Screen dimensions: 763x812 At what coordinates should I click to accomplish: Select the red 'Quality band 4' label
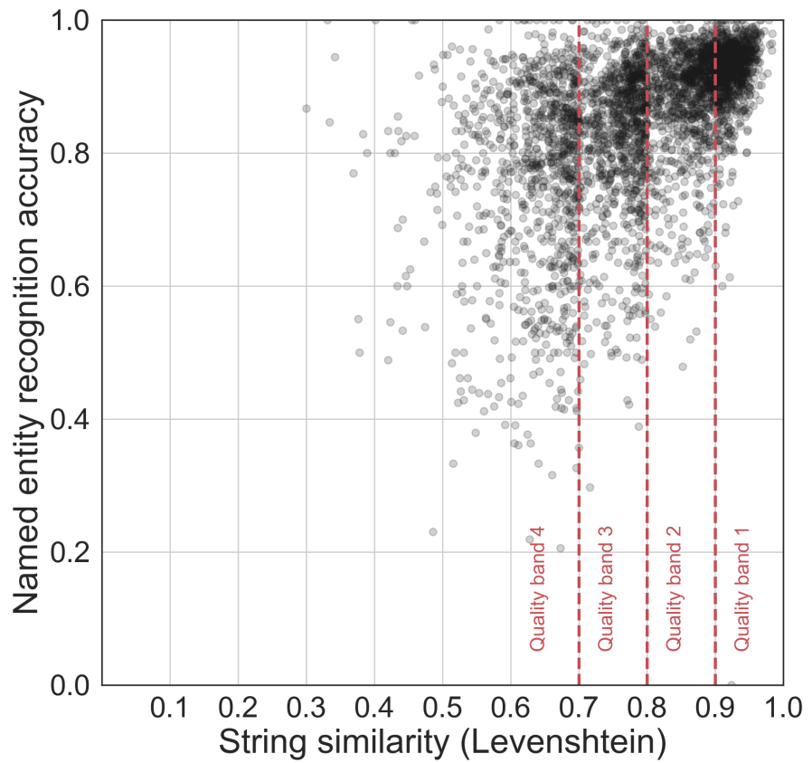539,587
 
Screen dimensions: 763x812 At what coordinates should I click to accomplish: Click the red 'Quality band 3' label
606,587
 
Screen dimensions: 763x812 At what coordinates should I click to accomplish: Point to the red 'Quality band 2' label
674,587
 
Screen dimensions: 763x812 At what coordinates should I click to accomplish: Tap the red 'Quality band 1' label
741,587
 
